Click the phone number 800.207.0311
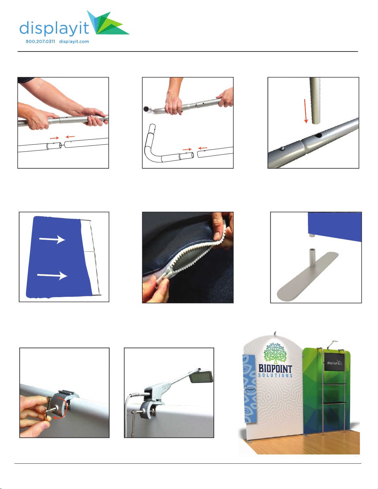40,41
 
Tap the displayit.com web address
74,42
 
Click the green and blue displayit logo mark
108,23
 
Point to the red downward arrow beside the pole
305,111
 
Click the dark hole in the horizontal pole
318,135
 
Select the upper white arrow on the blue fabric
52,239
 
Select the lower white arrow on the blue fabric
52,276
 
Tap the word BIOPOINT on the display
275,369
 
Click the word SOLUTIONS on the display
275,375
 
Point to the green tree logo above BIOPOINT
275,353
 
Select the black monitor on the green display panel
334,362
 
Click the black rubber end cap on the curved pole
147,109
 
